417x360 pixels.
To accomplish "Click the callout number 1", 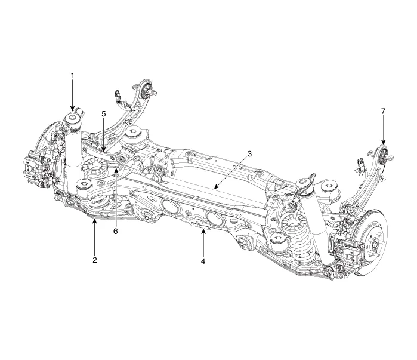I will tap(73, 76).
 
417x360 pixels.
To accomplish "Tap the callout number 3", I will tap(249, 153).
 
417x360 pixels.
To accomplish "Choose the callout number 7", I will tap(383, 111).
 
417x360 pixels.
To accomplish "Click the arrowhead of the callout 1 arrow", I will tap(73, 109).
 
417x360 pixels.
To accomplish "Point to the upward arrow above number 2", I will tap(94, 230).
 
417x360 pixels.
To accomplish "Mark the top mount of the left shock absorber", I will tap(73, 119).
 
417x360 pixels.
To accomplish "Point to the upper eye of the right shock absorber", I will tap(307, 183).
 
